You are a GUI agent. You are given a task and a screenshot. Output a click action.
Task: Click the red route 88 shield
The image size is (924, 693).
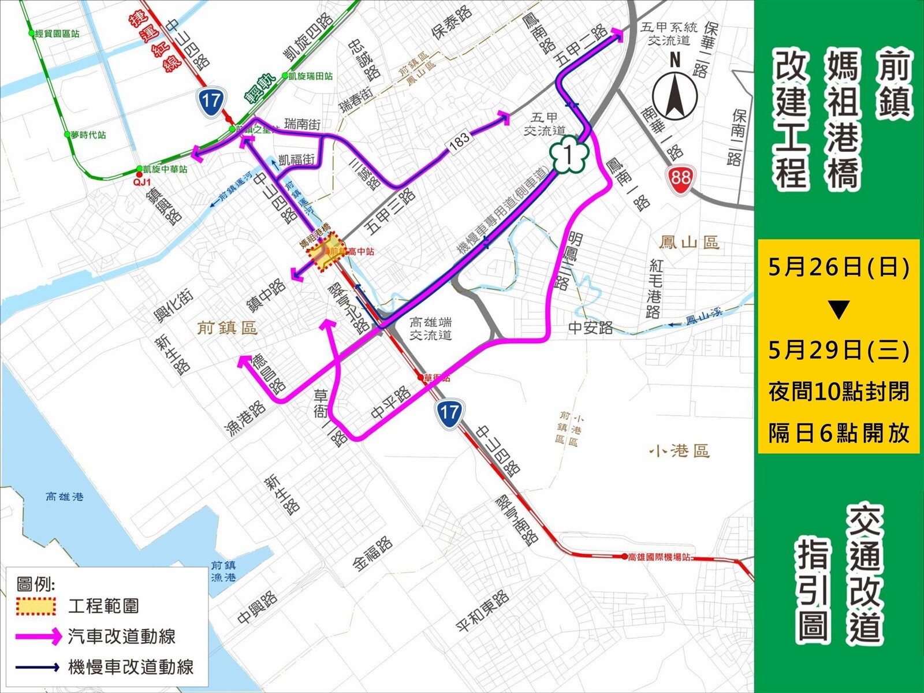(x=681, y=177)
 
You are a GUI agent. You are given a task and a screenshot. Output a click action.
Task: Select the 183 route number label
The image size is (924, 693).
(x=459, y=141)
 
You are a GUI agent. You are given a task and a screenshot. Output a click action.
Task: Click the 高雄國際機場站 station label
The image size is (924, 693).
(x=659, y=557)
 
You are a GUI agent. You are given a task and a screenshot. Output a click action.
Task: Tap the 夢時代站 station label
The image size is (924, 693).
(x=88, y=135)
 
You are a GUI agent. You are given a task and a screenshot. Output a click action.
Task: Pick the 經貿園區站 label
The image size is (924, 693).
(x=57, y=34)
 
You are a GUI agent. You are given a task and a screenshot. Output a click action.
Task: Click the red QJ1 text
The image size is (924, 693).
(x=141, y=181)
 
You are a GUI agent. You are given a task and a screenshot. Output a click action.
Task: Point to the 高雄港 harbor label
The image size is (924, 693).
(x=65, y=496)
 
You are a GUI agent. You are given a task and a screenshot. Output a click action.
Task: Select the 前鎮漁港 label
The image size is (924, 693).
(x=223, y=571)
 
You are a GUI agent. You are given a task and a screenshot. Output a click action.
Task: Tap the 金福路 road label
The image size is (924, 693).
(x=373, y=554)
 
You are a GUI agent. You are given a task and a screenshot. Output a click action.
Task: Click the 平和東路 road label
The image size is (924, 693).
(x=482, y=611)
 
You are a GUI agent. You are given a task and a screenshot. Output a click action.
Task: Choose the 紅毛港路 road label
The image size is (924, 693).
(x=655, y=288)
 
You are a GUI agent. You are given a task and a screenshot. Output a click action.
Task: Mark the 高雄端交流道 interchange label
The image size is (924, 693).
(x=431, y=329)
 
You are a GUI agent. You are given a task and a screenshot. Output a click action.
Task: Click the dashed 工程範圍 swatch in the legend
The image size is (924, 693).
(x=36, y=606)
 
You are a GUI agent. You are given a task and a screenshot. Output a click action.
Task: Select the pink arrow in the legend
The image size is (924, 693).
(x=38, y=636)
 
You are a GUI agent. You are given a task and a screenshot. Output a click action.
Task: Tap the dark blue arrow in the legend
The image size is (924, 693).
(x=38, y=667)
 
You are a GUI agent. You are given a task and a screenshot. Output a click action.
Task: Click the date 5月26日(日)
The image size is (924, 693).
(x=839, y=267)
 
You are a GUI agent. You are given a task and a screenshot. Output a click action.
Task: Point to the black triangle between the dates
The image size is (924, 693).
(x=839, y=310)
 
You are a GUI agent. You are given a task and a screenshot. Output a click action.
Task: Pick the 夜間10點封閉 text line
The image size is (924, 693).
(x=839, y=392)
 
